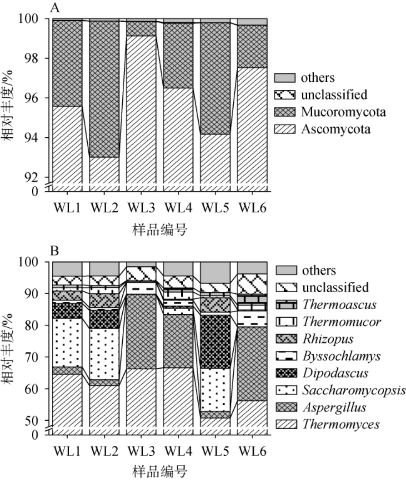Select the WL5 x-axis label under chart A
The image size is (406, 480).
coord(216,207)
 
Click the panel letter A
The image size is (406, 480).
coord(54,7)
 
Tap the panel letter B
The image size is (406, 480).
coord(54,251)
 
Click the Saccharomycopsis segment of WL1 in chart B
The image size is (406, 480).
coord(67,342)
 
